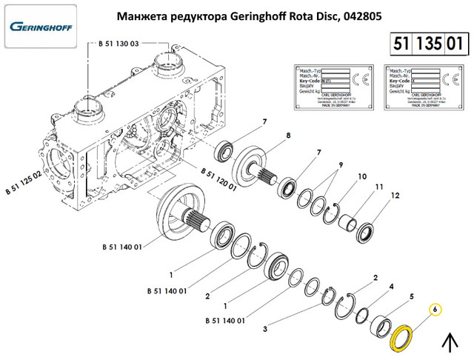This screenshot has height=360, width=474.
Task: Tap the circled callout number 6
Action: point(436,309)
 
